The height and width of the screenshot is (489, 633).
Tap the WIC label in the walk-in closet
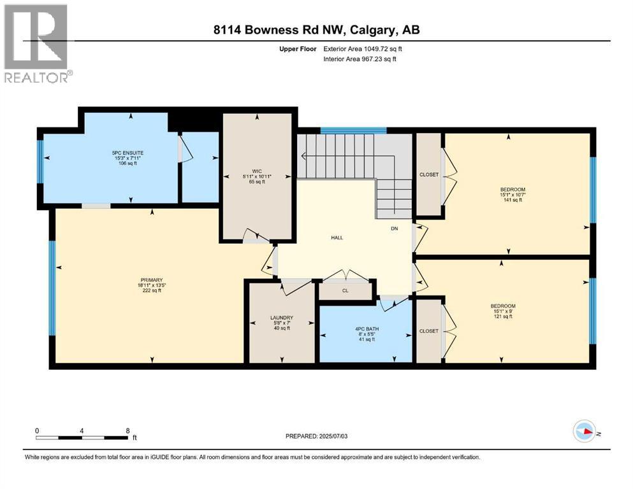[x=257, y=171]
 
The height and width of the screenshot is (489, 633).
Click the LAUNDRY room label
[x=281, y=318]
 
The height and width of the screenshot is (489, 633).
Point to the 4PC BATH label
[x=365, y=328]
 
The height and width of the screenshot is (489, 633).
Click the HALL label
[x=337, y=237]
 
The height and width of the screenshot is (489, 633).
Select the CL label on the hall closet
[x=346, y=291]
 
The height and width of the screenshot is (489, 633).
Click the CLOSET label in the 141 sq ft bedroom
[x=429, y=174]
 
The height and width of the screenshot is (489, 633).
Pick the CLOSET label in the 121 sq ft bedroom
[x=429, y=331]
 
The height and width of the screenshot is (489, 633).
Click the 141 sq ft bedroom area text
[x=513, y=200]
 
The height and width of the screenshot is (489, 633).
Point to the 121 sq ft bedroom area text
[x=503, y=316]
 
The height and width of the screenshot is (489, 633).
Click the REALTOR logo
[x=36, y=44]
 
